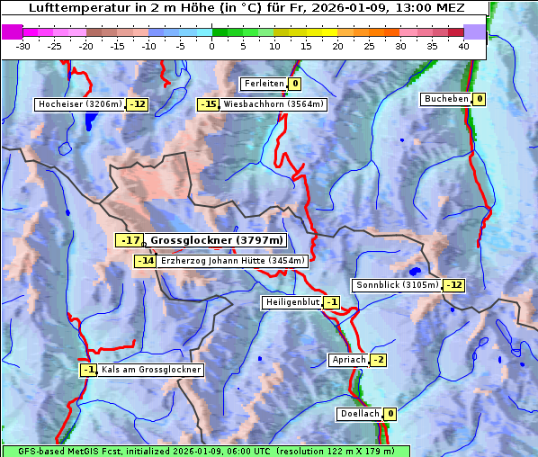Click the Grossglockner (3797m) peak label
[x=217, y=240]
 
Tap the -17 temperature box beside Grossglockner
[x=131, y=240]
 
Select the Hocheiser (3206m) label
[x=80, y=104]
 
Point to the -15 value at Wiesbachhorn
[x=209, y=104]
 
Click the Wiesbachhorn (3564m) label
[x=273, y=104]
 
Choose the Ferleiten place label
[x=265, y=84]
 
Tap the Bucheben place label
[x=446, y=98]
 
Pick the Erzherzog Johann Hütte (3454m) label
[x=234, y=261]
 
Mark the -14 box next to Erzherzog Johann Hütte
[x=146, y=261]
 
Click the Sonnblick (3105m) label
[x=398, y=285]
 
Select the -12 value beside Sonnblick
[x=454, y=285]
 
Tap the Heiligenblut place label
[x=292, y=302]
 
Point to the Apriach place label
[x=349, y=360]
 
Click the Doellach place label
[x=359, y=414]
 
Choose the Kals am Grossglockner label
[x=150, y=369]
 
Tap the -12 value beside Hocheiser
[x=138, y=104]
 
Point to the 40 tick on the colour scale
[x=462, y=46]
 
